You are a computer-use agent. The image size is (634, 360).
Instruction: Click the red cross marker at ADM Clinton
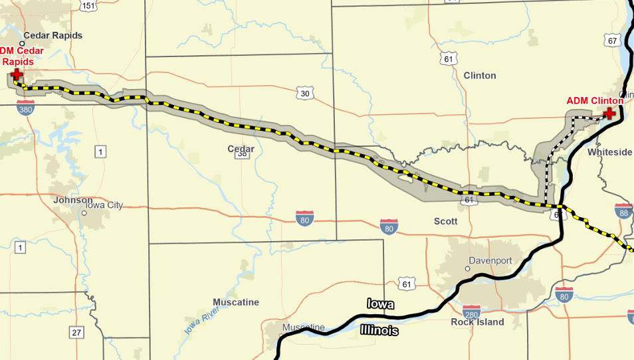(x=609, y=113)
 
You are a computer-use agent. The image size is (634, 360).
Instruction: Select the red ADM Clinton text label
(x=594, y=101)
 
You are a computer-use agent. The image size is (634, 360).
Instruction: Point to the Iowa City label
(x=106, y=205)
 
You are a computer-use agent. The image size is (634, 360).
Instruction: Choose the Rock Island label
(x=477, y=322)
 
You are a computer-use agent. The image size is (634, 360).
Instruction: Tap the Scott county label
(x=445, y=221)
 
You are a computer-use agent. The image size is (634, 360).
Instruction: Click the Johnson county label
(x=73, y=200)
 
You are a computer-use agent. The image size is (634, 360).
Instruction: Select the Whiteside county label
(x=610, y=152)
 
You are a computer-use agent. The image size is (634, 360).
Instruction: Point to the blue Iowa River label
(x=203, y=314)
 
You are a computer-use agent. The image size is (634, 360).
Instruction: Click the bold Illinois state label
(x=380, y=330)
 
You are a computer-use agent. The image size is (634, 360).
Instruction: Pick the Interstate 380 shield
(x=26, y=108)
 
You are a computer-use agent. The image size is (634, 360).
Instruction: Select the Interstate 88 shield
(x=624, y=212)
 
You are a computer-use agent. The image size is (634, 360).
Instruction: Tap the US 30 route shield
(x=305, y=94)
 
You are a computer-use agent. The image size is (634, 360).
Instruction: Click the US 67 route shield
(x=612, y=41)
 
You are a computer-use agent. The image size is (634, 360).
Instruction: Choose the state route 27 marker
(x=77, y=332)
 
